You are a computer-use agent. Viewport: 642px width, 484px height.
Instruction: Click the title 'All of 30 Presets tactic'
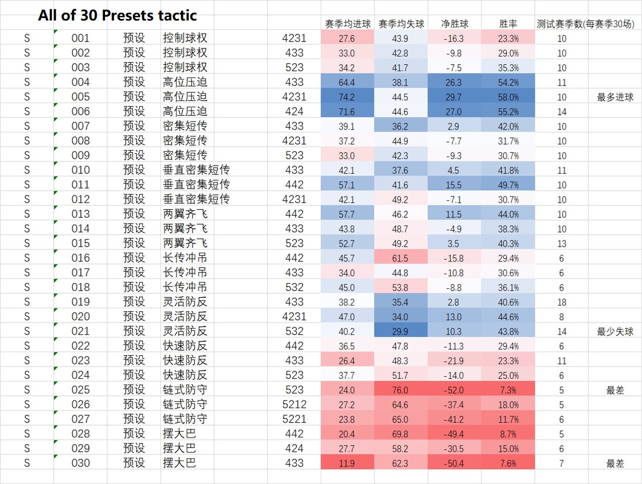pos(117,15)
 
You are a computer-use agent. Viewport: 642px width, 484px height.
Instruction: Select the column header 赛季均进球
pos(347,24)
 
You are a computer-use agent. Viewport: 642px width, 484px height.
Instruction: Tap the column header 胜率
pos(508,24)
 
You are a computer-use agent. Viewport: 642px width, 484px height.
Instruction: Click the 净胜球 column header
pos(454,24)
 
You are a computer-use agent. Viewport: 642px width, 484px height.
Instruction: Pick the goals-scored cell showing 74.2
pos(347,97)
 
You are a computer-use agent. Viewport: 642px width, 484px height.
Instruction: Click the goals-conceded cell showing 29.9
pos(401,331)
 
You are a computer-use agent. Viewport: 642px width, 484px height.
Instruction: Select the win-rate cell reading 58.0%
pos(508,97)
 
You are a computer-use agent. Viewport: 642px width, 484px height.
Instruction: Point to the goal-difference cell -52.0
pos(454,390)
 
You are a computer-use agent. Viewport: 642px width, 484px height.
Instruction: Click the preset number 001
pos(80,38)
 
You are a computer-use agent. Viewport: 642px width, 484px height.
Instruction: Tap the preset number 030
pos(80,463)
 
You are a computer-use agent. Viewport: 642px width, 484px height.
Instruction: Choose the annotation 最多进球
pos(615,97)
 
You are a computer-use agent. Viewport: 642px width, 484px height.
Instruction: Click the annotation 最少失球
pos(615,331)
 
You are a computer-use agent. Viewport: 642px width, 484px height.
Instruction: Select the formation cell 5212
pos(294,405)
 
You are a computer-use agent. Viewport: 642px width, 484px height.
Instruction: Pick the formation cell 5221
pos(294,419)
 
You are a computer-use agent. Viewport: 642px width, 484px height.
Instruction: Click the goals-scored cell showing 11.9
pos(347,463)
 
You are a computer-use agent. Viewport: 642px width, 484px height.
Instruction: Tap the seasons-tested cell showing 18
pos(562,302)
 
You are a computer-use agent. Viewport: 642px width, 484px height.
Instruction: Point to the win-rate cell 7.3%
pos(508,390)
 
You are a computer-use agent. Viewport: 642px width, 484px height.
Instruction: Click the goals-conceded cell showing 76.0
pos(401,390)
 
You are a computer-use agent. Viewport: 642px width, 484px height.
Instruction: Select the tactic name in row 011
pos(196,185)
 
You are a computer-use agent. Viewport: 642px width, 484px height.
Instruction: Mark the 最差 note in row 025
pos(615,390)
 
